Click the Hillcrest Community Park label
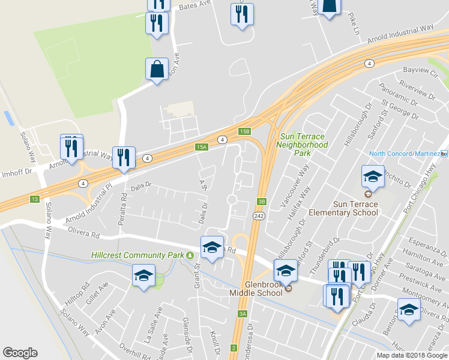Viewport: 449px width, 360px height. (137, 255)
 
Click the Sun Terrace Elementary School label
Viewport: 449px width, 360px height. (343, 208)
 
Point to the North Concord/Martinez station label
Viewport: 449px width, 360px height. (404, 154)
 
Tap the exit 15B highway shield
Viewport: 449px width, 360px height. (243, 131)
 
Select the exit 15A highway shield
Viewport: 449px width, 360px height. (201, 146)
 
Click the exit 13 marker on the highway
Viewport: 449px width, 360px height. (35, 199)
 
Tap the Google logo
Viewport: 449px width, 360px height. (20, 353)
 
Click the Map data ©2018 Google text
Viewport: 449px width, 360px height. (412, 355)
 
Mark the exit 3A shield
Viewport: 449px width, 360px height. (243, 313)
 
